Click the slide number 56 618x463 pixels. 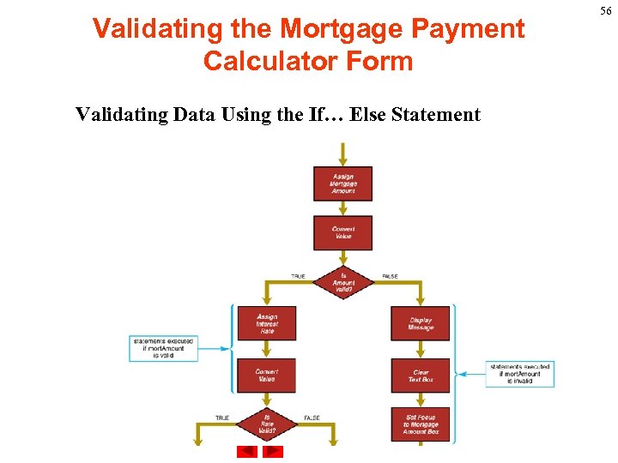(x=606, y=10)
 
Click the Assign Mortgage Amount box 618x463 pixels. (x=342, y=183)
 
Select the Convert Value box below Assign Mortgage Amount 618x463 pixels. (x=342, y=232)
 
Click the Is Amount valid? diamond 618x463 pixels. (x=343, y=282)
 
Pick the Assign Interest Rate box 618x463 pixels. (x=266, y=323)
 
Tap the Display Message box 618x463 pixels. (x=421, y=323)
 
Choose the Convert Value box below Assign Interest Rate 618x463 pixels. (x=266, y=376)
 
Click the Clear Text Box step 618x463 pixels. (x=421, y=376)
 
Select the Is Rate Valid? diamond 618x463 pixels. (x=266, y=424)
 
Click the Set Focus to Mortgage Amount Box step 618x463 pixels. (x=421, y=424)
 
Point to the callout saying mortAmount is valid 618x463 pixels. (x=163, y=348)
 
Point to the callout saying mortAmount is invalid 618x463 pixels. (x=519, y=374)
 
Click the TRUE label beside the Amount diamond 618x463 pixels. (x=298, y=276)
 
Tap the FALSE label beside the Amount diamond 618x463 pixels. (x=390, y=276)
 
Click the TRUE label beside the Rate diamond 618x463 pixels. (x=221, y=418)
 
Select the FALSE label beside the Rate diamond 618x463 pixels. (x=312, y=418)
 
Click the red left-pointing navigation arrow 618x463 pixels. (x=246, y=451)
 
